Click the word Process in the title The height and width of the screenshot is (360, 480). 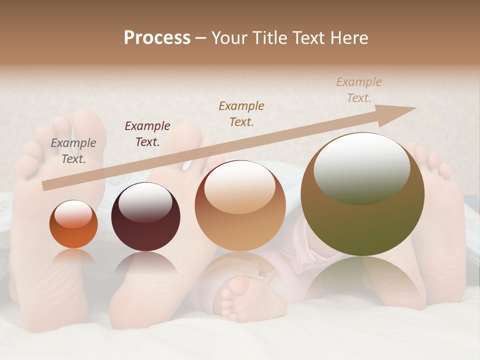[157, 38]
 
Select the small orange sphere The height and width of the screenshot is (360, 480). [73, 224]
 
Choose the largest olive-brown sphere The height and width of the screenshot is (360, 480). [362, 194]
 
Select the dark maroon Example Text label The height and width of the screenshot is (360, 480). [147, 134]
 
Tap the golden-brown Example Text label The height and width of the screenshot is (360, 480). [241, 113]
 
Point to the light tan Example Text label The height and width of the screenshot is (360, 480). [359, 90]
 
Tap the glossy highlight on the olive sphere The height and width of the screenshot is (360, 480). [361, 168]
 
